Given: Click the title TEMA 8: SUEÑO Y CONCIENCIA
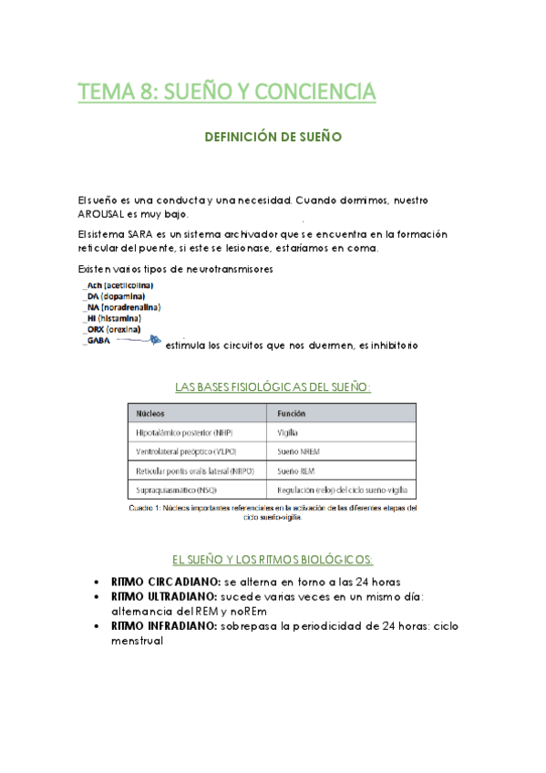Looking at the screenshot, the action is [226, 92].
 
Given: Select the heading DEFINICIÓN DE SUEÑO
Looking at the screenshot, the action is [273, 137].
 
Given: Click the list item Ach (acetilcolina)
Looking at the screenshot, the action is [118, 285].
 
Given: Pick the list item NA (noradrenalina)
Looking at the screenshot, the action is [121, 307].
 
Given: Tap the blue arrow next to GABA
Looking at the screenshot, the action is [140, 340].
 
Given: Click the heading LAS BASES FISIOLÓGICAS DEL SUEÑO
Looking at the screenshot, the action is [273, 387].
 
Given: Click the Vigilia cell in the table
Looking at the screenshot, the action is [288, 432].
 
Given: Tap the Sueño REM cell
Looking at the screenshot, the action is [294, 470].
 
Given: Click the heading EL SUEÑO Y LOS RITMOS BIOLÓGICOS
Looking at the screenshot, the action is [273, 559].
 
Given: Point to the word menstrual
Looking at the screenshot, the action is [137, 641].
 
